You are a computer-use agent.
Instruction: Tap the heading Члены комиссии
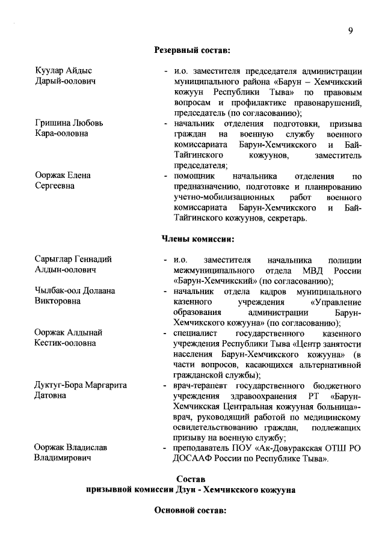click(192, 239)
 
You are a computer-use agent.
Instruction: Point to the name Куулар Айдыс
click(63, 70)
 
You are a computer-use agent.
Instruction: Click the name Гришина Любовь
click(69, 123)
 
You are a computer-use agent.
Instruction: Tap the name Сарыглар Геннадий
click(73, 260)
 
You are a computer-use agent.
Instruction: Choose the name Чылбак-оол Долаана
click(76, 291)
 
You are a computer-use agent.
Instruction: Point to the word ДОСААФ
click(193, 459)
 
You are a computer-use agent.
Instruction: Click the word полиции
click(345, 260)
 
